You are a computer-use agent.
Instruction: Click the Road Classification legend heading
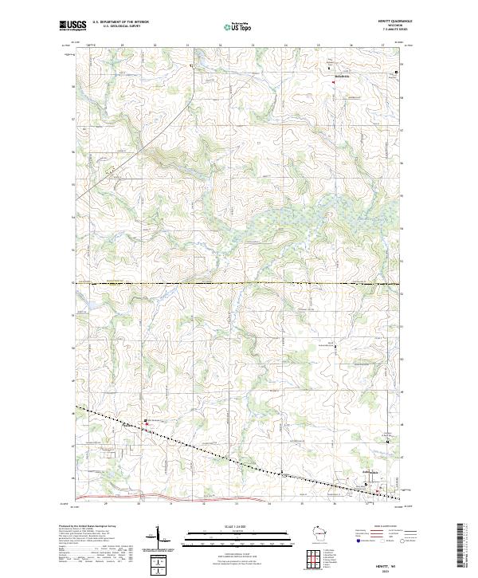coord(381,527)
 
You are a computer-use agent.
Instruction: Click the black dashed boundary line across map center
coord(239,283)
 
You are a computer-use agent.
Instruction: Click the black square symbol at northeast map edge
coord(398,73)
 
